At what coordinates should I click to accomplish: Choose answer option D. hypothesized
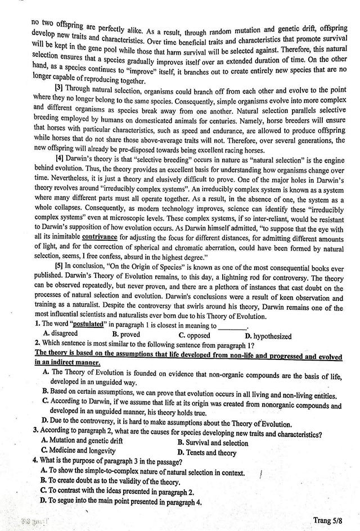pos(268,336)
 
